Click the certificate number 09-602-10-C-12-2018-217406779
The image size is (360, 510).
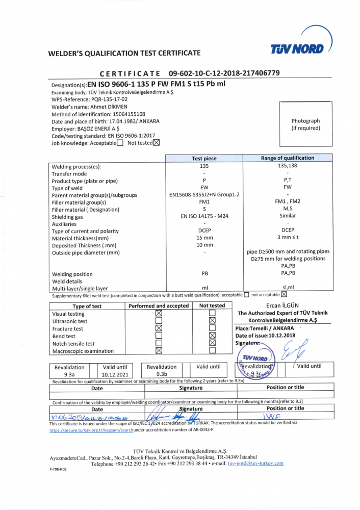[224, 73]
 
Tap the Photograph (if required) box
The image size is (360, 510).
[305, 124]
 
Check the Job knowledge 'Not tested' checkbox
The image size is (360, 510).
[156, 143]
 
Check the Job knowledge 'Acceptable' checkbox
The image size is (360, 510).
[120, 143]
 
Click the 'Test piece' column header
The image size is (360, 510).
[204, 159]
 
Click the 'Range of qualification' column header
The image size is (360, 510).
[288, 158]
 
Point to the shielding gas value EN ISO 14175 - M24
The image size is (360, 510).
[204, 217]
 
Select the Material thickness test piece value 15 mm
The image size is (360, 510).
[204, 238]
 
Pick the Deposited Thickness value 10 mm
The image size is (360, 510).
[204, 245]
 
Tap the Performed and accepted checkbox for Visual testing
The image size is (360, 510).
[158, 314]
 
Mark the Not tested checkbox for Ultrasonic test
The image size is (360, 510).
[212, 321]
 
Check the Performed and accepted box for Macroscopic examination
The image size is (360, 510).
[158, 350]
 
